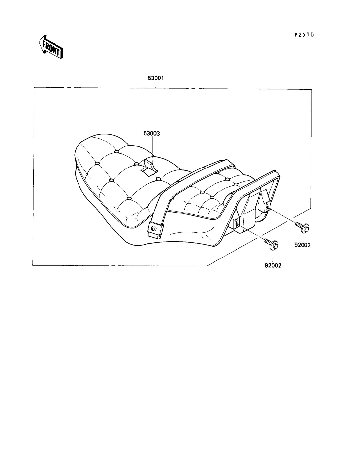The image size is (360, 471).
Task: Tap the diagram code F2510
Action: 304,34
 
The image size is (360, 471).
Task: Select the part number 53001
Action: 156,78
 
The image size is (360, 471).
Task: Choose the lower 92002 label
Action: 273,266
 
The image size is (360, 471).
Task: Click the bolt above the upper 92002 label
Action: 303,227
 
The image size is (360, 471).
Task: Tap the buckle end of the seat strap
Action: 155,230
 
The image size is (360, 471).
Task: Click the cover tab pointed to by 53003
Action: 150,166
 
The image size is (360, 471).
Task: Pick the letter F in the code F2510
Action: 296,34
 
